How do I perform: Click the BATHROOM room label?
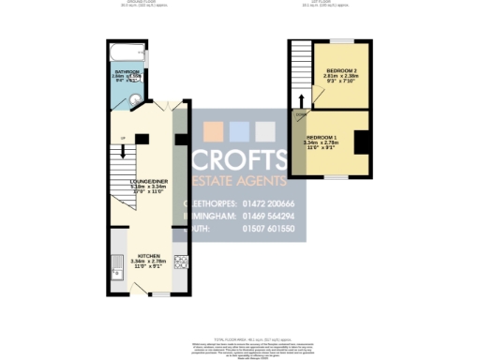(127, 71)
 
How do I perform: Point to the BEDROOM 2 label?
(342, 72)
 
